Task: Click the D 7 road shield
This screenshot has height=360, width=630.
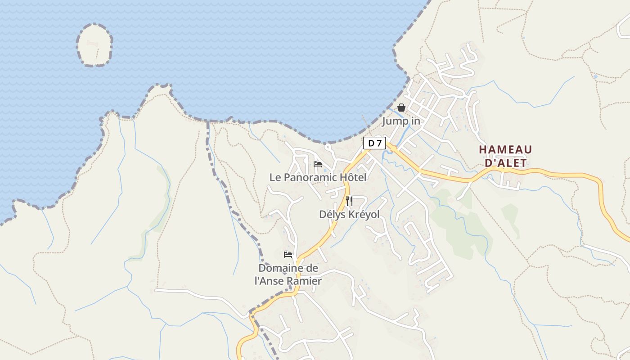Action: (374, 143)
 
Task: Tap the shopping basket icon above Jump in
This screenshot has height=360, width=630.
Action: (401, 108)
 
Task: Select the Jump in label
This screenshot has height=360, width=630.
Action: (401, 121)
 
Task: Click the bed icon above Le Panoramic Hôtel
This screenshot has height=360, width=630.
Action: (318, 164)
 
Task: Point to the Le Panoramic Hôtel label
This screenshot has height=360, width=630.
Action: (318, 177)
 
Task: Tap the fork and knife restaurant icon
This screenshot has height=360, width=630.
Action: (349, 201)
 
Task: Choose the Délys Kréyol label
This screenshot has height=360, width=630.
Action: (349, 215)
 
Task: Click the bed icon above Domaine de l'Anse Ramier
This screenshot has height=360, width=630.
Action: (288, 255)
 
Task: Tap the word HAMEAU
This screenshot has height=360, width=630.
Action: (505, 150)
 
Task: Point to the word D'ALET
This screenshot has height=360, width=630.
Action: (505, 162)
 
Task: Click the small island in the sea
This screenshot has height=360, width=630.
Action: (94, 45)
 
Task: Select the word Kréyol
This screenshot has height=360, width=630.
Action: (364, 215)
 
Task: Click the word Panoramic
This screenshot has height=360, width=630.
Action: (310, 177)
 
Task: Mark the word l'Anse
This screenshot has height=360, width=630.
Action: (271, 281)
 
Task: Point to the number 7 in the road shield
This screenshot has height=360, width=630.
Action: (379, 143)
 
